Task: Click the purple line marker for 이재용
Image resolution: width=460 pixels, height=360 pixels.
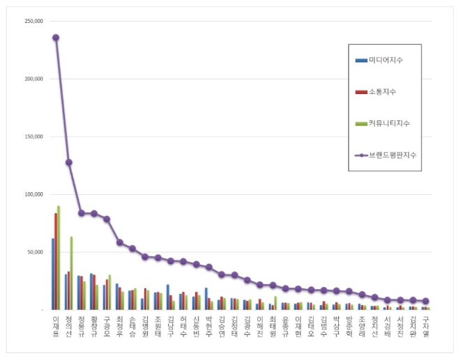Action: [x=56, y=38]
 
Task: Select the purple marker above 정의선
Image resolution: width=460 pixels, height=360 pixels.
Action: [x=68, y=162]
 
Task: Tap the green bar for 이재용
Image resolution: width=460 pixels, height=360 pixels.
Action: [x=59, y=258]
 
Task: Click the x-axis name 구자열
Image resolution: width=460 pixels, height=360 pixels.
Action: [x=426, y=325]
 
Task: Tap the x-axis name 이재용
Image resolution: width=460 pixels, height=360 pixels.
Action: [x=56, y=325]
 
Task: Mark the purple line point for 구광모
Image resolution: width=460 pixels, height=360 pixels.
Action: [x=107, y=219]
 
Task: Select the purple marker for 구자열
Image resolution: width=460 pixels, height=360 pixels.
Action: [x=426, y=301]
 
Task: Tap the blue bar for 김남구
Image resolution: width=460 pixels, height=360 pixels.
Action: [x=167, y=297]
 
